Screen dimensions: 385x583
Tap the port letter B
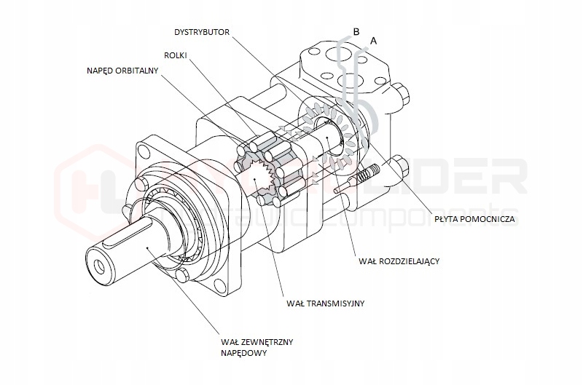(356, 32)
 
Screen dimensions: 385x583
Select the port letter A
(374, 41)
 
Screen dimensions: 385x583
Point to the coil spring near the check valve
(367, 175)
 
